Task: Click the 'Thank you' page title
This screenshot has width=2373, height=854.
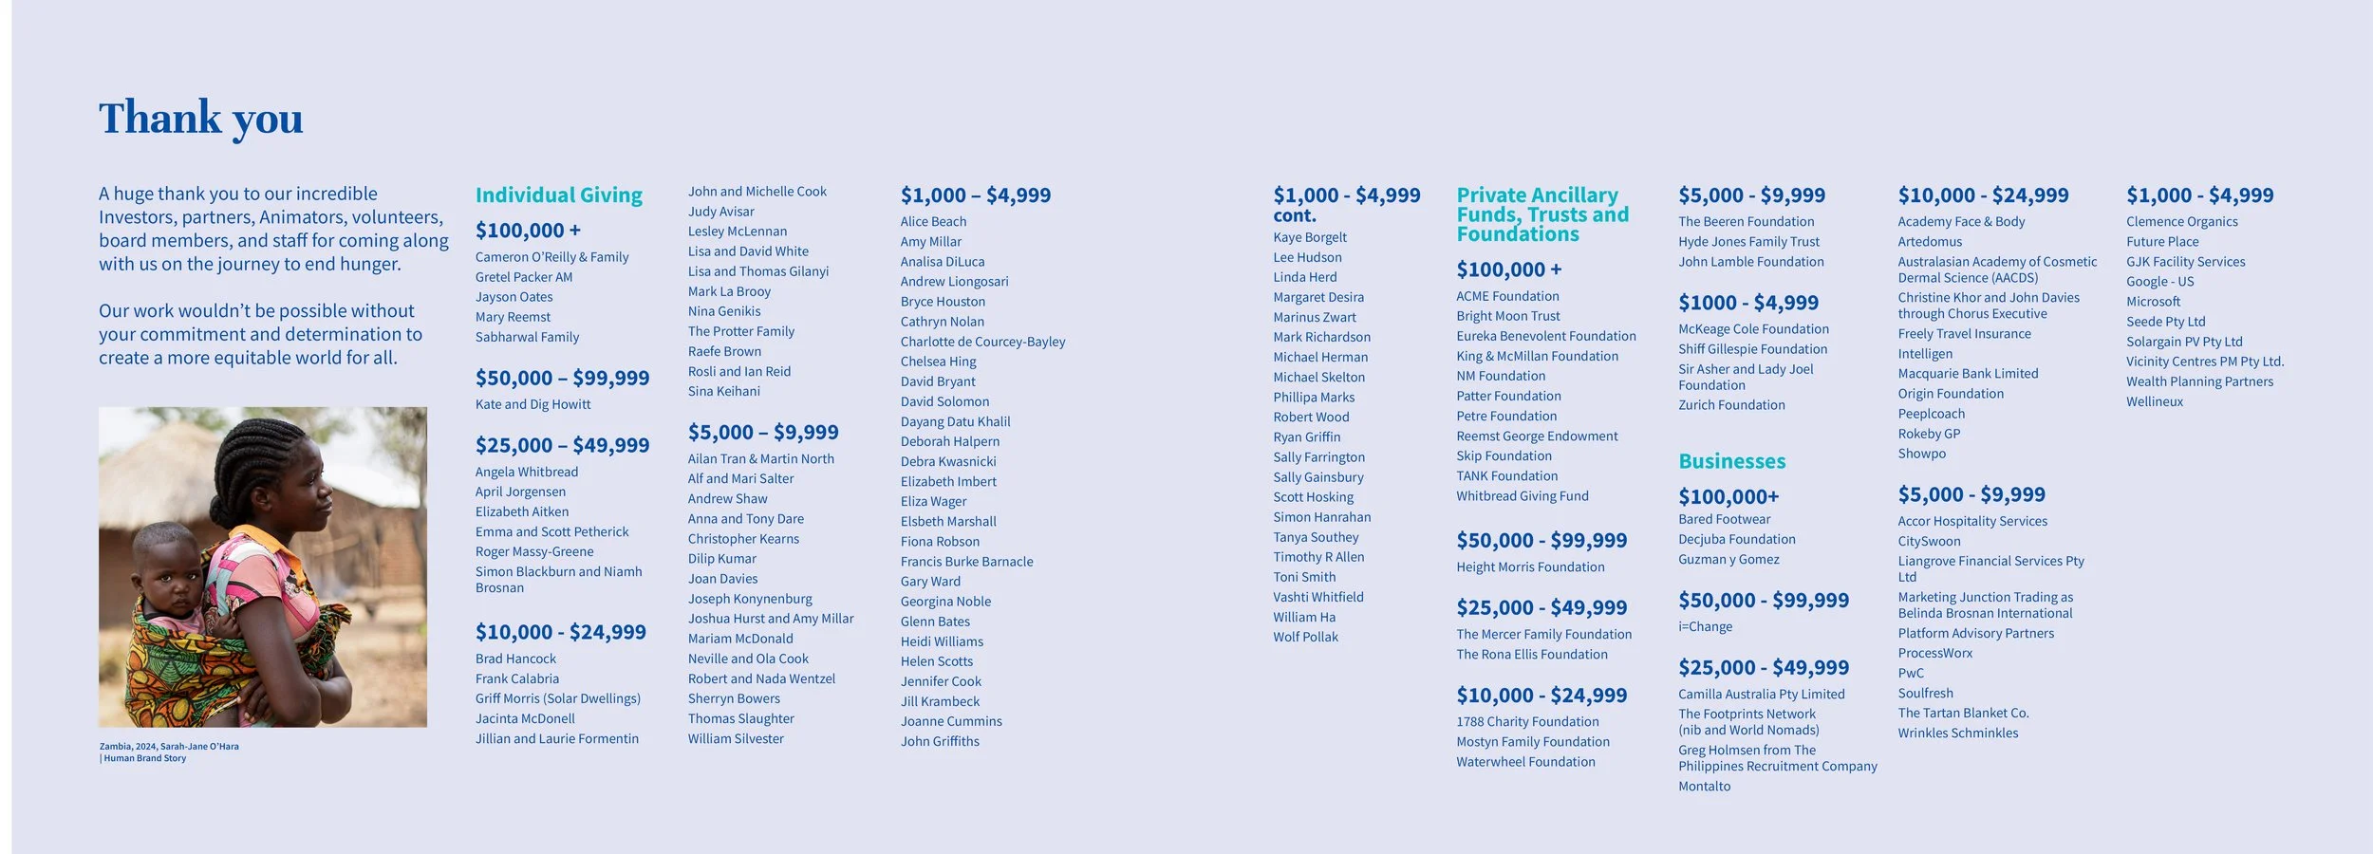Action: click(200, 119)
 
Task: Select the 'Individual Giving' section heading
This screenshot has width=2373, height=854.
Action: click(558, 195)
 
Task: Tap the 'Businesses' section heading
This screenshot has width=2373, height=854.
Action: click(1731, 461)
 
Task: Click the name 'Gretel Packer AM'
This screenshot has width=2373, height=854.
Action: click(523, 277)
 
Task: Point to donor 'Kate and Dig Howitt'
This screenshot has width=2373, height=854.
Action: click(533, 404)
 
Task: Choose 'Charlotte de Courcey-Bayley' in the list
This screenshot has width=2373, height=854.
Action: click(982, 342)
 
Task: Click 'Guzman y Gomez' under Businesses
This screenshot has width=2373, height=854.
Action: click(1728, 560)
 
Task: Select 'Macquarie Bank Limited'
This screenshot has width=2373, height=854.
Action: click(1967, 374)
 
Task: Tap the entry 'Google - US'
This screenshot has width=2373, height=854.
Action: click(2159, 282)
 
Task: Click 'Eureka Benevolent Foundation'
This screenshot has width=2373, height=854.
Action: click(1545, 336)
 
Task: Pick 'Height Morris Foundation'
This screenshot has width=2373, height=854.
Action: click(1530, 567)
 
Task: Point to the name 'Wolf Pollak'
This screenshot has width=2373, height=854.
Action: click(1305, 637)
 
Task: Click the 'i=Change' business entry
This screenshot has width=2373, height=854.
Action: click(1705, 627)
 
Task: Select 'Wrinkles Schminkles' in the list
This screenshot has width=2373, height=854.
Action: click(1957, 733)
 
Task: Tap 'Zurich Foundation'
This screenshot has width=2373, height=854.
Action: click(1731, 405)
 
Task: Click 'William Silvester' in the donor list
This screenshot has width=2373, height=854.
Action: click(736, 739)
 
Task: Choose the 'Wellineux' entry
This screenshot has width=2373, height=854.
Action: click(2154, 401)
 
